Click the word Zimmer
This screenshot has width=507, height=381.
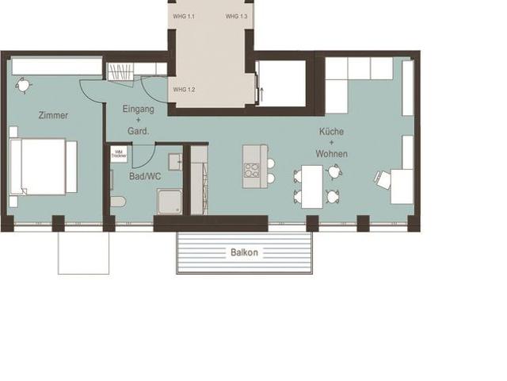(x=53, y=115)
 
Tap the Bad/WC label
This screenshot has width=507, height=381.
(x=145, y=176)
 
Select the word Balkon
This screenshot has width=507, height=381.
(x=244, y=252)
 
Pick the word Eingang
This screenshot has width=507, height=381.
(x=139, y=108)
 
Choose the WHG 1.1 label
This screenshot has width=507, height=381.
(x=184, y=16)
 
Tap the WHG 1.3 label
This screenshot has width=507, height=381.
(x=236, y=16)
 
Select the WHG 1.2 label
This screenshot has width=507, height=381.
(x=184, y=90)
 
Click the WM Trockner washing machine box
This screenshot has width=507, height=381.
(x=119, y=153)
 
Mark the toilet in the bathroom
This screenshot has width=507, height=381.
(x=117, y=201)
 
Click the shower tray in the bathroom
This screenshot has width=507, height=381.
(x=169, y=202)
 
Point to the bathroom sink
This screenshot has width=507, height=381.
(x=175, y=162)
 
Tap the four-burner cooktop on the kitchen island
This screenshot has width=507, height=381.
(x=252, y=170)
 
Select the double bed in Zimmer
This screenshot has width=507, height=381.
(x=41, y=167)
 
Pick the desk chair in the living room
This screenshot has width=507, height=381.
(x=383, y=180)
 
